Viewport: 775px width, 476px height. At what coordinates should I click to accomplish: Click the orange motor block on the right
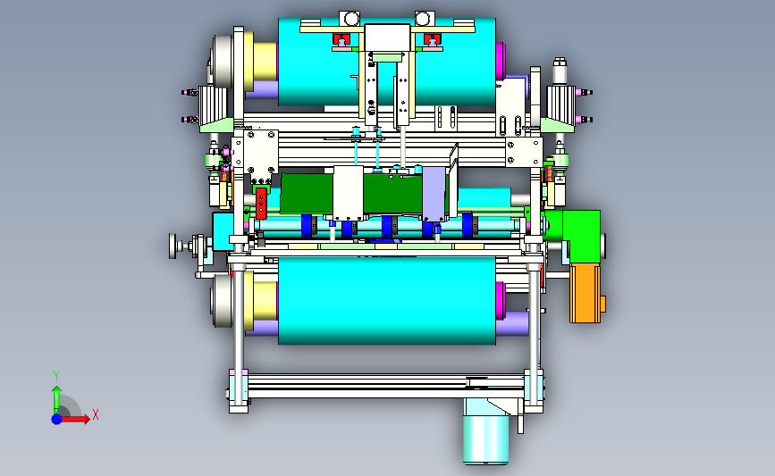pos(586,293)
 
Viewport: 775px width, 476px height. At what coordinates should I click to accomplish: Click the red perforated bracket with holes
pos(261,203)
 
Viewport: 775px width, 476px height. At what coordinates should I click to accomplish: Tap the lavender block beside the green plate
pos(434,194)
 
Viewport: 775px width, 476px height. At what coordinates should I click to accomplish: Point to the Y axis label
pos(56,376)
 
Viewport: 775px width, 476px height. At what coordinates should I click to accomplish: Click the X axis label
pos(96,414)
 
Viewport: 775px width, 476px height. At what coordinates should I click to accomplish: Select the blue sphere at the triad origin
pos(57,419)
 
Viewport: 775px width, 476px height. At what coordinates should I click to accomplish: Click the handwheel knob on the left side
pos(173,246)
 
